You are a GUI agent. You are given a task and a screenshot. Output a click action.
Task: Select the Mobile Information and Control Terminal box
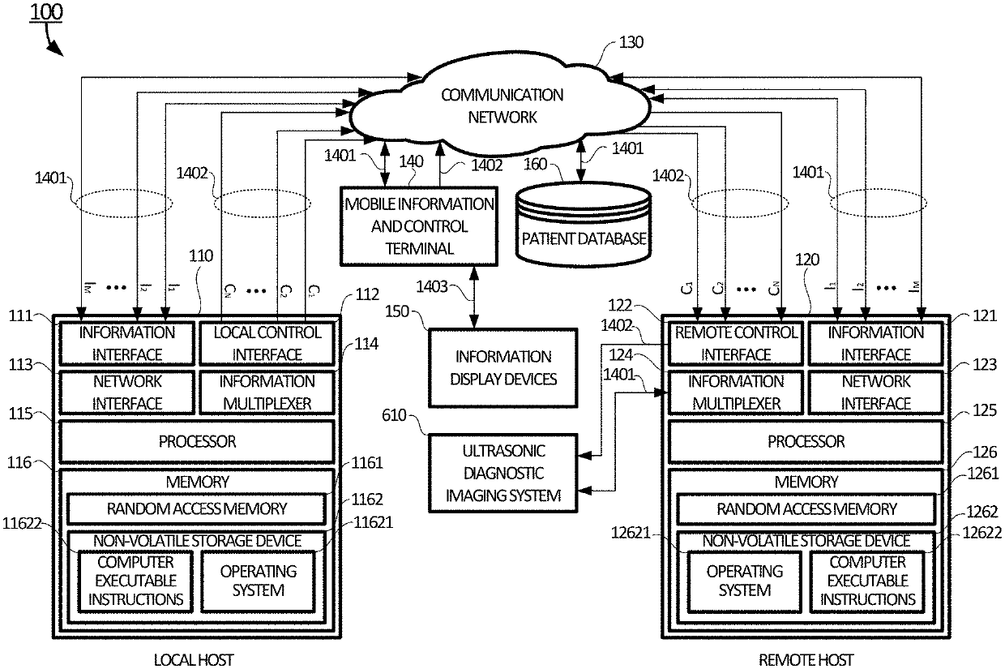pos(418,226)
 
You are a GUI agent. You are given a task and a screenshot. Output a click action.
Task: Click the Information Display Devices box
pos(502,367)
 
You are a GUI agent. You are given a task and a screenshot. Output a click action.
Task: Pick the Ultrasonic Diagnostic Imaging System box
pos(502,473)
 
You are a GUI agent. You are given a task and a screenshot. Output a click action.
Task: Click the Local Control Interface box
pos(267,343)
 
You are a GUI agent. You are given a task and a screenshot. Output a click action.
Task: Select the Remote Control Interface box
pos(735,343)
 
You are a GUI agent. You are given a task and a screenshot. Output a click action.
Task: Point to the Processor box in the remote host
pos(806,442)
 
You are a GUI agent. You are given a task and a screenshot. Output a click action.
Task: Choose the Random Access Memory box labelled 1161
pos(197,509)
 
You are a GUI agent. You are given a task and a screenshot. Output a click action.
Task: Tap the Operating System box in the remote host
pos(744,581)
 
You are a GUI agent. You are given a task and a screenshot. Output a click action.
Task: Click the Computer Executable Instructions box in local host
pos(135,581)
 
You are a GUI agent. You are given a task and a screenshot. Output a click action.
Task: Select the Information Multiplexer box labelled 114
pos(267,392)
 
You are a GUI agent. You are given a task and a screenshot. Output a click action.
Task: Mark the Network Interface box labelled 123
pos(876,392)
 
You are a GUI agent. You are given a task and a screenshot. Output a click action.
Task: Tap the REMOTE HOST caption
pos(806,660)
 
